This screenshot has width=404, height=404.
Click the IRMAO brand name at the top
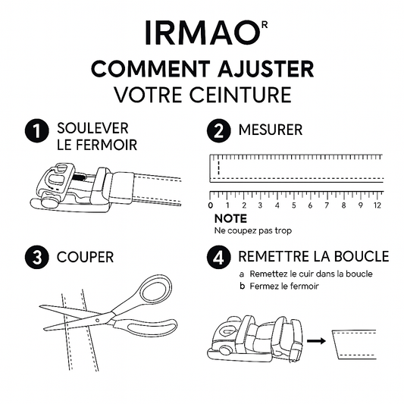pos(202,33)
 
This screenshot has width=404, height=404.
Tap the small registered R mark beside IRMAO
pos(265,25)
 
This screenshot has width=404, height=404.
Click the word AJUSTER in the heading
pos(266,69)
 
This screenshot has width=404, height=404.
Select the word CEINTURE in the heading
pos(240,95)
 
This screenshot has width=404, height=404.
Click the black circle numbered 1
pos(37,130)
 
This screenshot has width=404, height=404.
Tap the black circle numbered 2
pos(219,130)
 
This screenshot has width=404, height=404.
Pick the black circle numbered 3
pos(37,257)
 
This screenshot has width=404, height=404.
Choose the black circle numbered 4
pos(219,257)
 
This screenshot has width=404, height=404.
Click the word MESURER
pos(271,130)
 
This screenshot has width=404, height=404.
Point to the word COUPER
pos(86,257)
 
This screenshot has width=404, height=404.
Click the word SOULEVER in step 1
pos(92,128)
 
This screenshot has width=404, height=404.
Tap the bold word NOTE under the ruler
pos(230,219)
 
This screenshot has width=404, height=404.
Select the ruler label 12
pos(377,205)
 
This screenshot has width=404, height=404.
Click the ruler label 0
pos(211,205)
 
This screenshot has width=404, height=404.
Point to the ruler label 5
pos(294,205)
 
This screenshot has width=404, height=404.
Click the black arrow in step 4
pos(316,341)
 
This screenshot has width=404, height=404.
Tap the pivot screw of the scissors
pos(97,321)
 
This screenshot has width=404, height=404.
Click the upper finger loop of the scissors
pos(155,289)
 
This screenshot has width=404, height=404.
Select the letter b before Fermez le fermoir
pos(242,286)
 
